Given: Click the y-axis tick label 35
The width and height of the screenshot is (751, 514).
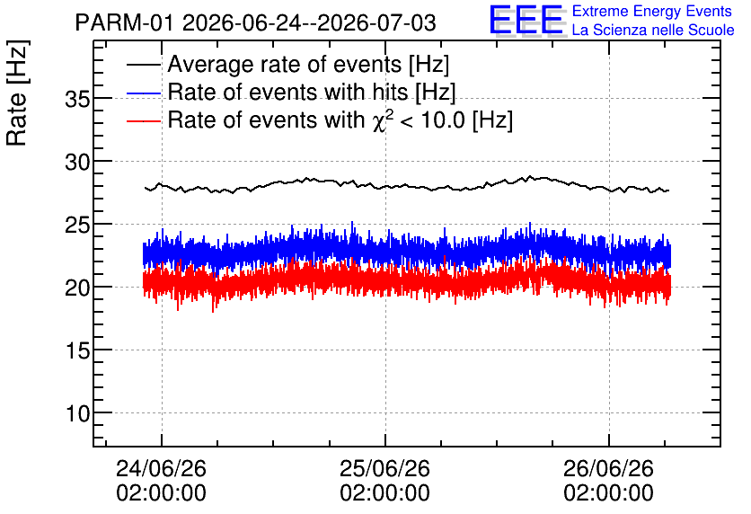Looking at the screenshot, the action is (x=77, y=100).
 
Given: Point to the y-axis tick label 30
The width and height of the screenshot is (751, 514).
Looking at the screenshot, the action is (x=77, y=163).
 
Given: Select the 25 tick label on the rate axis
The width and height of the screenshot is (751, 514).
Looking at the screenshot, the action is (x=77, y=226).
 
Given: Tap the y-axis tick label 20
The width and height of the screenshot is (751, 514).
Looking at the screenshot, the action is (x=77, y=288).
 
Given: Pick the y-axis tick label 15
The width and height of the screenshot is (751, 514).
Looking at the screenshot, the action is (x=77, y=351).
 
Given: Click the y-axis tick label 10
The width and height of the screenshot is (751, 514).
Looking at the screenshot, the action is (x=77, y=414).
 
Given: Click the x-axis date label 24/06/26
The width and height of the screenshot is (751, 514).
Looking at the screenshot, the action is (x=162, y=469).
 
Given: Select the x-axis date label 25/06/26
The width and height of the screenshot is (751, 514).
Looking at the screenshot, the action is (x=385, y=469).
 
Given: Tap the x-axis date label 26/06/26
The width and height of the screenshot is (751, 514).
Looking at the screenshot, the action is (x=608, y=469).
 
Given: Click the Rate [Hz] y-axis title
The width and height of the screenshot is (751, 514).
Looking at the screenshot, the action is (x=17, y=93).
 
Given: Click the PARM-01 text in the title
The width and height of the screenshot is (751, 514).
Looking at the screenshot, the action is (x=125, y=23).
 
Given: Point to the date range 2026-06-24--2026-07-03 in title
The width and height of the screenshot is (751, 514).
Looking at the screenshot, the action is (x=309, y=23).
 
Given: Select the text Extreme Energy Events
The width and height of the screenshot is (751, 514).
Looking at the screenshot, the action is (x=652, y=11).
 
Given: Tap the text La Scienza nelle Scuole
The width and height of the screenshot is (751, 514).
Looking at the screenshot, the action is (x=653, y=31).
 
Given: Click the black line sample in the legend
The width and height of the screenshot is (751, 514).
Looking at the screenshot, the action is (x=143, y=65).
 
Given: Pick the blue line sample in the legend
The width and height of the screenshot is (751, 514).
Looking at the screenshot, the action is (x=143, y=93).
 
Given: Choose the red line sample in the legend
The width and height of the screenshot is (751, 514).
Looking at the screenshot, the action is (x=143, y=120).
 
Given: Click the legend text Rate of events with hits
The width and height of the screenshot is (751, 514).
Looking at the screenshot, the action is (x=287, y=92).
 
